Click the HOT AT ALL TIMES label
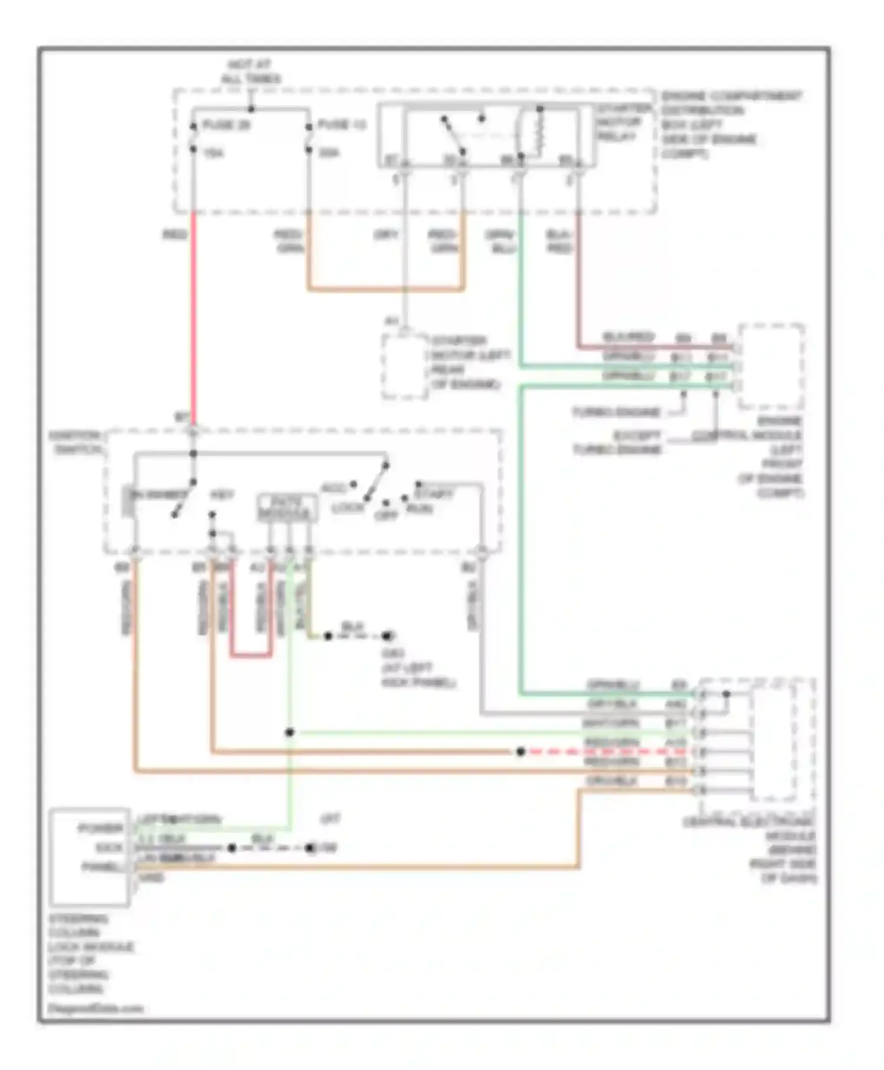[250, 72]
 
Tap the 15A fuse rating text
[213, 153]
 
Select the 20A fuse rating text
[329, 153]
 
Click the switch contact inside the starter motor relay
[454, 134]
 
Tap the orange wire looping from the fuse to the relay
[386, 289]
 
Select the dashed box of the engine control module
[771, 366]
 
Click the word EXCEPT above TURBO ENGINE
[636, 436]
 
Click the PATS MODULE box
[287, 508]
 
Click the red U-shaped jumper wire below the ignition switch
[250, 655]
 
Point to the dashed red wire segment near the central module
[607, 752]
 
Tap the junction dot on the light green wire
[289, 733]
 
